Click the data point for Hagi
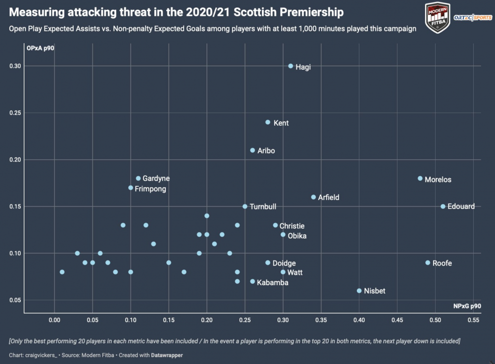point(291,66)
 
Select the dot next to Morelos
point(420,178)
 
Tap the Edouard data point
point(443,207)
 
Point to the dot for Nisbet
point(359,291)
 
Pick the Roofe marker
point(428,263)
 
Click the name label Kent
point(281,123)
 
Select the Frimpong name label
point(150,189)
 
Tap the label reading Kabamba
point(273,282)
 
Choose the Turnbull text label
point(263,207)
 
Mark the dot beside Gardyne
point(138,178)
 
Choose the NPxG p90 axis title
point(467,306)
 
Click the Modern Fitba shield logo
point(438,17)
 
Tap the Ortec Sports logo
point(472,18)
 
